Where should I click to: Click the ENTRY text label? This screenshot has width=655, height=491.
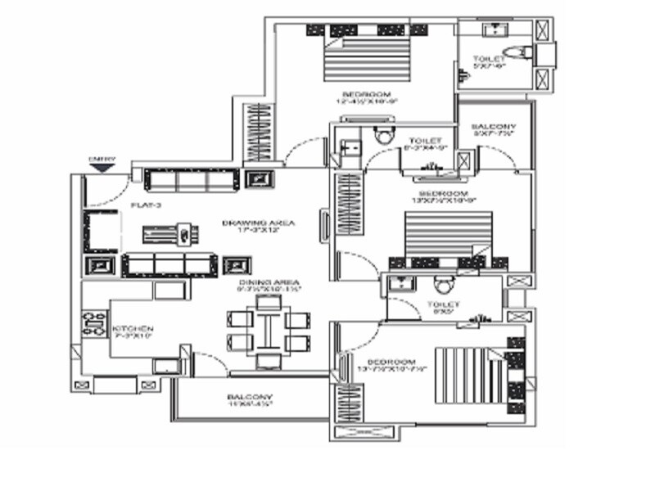pyautogui.click(x=102, y=159)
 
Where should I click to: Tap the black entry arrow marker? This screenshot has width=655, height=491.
pyautogui.click(x=102, y=168)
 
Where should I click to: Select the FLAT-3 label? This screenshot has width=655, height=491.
pyautogui.click(x=143, y=205)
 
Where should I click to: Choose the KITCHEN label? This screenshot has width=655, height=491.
pyautogui.click(x=133, y=330)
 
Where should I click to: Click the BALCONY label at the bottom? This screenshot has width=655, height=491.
pyautogui.click(x=250, y=398)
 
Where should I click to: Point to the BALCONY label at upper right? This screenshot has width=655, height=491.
pyautogui.click(x=494, y=127)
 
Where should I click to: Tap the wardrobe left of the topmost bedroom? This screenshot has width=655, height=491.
pyautogui.click(x=259, y=133)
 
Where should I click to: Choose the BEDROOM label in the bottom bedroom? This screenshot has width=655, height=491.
pyautogui.click(x=391, y=362)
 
